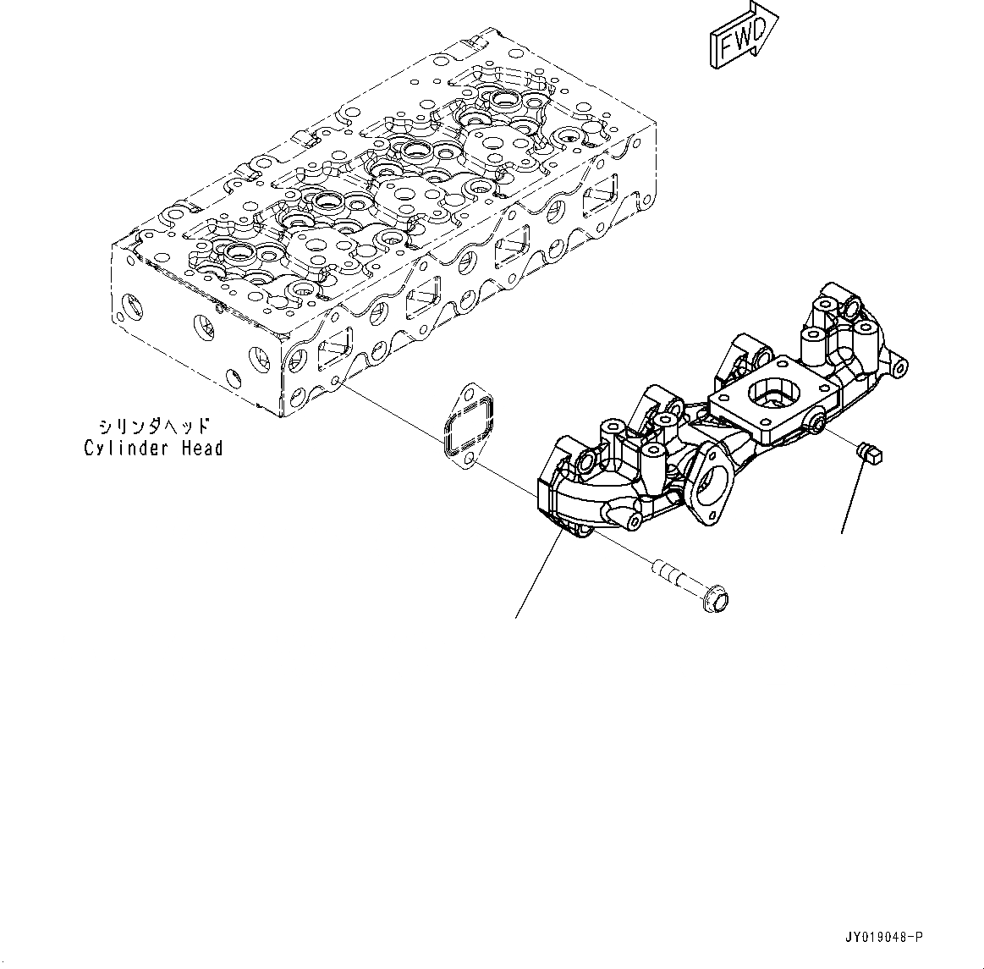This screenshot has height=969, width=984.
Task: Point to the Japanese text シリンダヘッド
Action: (153, 427)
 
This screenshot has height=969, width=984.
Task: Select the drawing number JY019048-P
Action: (883, 938)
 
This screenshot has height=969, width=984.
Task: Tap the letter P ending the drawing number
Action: (920, 938)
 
